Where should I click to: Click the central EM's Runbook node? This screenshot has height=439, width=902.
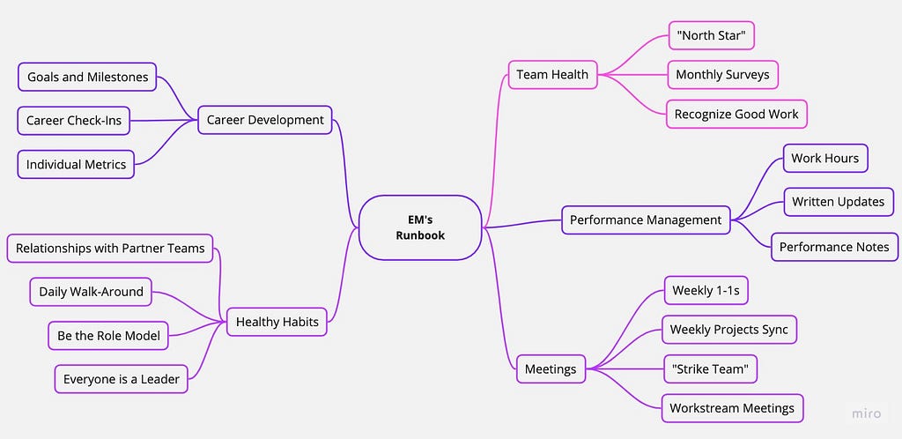pyautogui.click(x=420, y=227)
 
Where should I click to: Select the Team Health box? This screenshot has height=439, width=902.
pyautogui.click(x=551, y=75)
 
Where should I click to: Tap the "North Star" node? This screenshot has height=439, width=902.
pyautogui.click(x=711, y=35)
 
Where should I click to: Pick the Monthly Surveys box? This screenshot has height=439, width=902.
pyautogui.click(x=722, y=75)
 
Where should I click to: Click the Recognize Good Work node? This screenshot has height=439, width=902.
pyautogui.click(x=736, y=114)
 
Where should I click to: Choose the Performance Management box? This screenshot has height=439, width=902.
pyautogui.click(x=646, y=219)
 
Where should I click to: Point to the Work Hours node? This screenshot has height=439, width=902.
pyautogui.click(x=824, y=159)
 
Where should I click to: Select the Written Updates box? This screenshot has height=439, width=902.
pyautogui.click(x=838, y=202)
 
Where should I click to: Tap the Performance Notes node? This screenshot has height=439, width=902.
pyautogui.click(x=834, y=247)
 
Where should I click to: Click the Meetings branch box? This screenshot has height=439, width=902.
pyautogui.click(x=551, y=368)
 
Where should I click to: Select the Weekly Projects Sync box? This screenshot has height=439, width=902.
pyautogui.click(x=729, y=330)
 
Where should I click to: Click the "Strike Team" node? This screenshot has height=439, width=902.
pyautogui.click(x=710, y=368)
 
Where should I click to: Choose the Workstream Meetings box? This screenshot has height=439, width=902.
pyautogui.click(x=732, y=408)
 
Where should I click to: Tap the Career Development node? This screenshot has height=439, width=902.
pyautogui.click(x=264, y=120)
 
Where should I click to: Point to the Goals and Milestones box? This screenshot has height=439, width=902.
pyautogui.click(x=87, y=77)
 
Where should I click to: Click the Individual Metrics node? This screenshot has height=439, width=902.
pyautogui.click(x=76, y=164)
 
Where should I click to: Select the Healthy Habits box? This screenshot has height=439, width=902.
pyautogui.click(x=277, y=323)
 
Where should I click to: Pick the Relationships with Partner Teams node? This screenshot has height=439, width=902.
pyautogui.click(x=110, y=249)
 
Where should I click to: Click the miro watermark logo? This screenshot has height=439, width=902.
pyautogui.click(x=867, y=412)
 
